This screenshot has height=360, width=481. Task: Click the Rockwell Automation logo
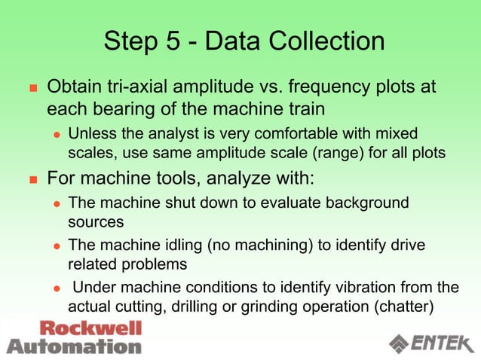[x=74, y=337]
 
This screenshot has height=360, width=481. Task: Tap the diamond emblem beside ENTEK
[x=400, y=343]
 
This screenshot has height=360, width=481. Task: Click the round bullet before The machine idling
[x=56, y=246]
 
